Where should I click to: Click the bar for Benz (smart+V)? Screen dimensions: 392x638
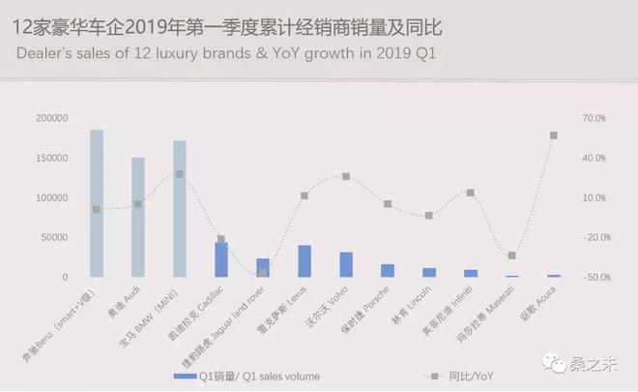tap(97, 203)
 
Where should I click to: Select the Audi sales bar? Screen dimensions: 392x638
tap(138, 217)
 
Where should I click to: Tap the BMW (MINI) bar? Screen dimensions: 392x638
tap(180, 209)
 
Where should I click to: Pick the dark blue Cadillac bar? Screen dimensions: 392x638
tap(221, 259)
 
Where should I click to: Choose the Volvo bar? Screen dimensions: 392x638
tap(346, 264)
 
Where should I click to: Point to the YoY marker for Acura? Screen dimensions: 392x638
tap(554, 136)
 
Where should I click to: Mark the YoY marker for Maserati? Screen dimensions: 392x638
tap(512, 256)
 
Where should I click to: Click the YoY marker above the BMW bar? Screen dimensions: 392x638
tap(180, 174)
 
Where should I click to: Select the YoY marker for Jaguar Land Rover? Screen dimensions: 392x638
tap(263, 274)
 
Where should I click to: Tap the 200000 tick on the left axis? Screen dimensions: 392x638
tap(51, 118)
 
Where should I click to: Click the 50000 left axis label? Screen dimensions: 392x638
tap(54, 237)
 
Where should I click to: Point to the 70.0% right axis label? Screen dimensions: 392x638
tap(594, 118)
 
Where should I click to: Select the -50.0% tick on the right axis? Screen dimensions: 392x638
tap(594, 277)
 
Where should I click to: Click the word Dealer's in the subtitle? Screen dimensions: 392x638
tap(43, 54)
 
